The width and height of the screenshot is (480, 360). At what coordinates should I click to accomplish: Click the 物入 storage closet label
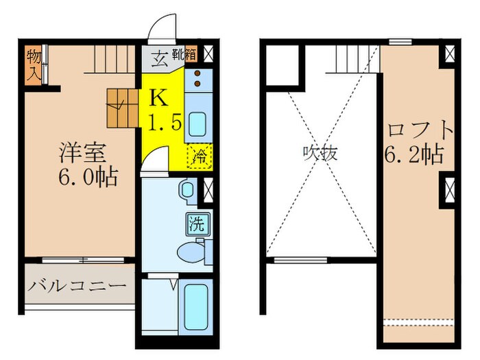(32, 64)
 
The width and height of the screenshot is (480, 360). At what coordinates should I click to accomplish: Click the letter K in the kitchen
(158, 97)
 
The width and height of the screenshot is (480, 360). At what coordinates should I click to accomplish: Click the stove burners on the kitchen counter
(197, 80)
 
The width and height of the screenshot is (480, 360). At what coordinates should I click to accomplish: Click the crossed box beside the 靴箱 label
(208, 54)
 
